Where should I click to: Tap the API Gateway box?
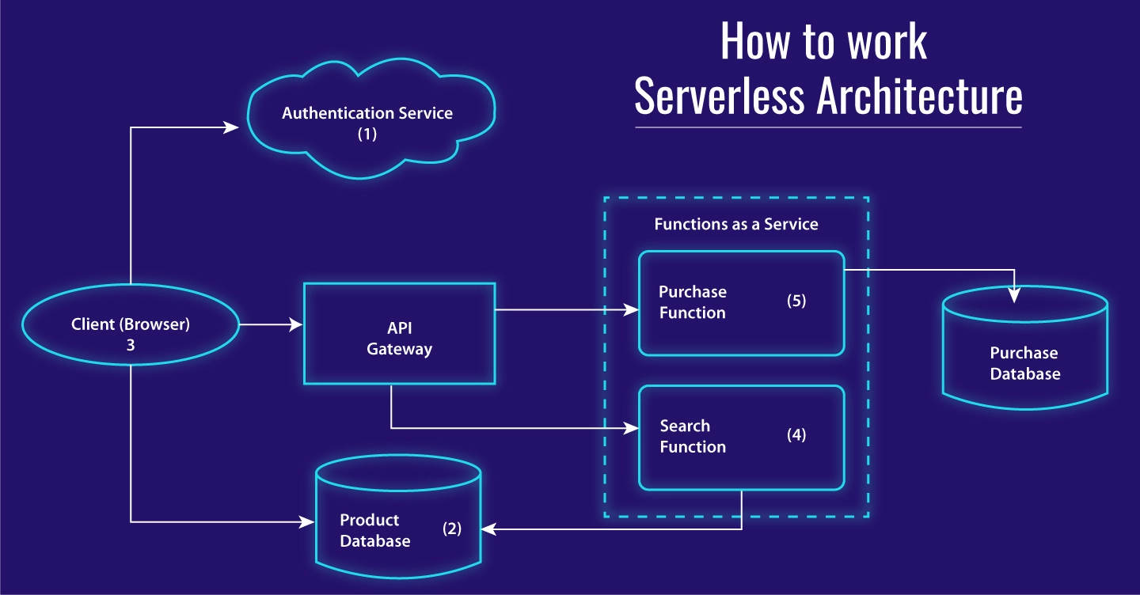pos(400,334)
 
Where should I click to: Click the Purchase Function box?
pos(742,303)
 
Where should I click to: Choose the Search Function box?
pos(742,438)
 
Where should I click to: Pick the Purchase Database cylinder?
pos(1025,348)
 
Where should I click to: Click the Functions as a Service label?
pos(736,225)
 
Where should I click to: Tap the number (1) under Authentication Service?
pos(367,135)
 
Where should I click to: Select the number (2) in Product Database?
pos(452,529)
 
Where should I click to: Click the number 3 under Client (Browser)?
pos(130,346)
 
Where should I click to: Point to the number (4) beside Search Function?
pos(796,434)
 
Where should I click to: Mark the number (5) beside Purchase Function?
pos(796,301)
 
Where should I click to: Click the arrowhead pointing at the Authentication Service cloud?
pos(233,127)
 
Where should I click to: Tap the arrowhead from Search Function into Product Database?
pos(490,529)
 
